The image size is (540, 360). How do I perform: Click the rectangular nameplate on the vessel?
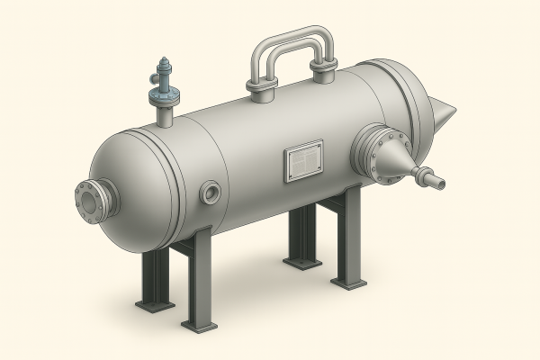point(303,162)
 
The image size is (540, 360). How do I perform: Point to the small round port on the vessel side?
point(211,191)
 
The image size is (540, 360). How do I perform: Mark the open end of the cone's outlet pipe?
point(441,185)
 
